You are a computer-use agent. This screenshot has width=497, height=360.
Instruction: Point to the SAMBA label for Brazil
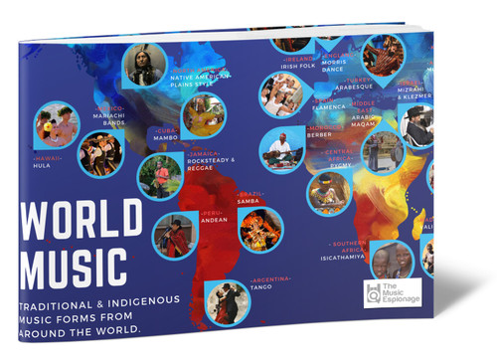248,201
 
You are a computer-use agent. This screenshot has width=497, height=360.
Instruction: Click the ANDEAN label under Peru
216,222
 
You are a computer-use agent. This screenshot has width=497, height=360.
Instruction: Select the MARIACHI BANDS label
107,119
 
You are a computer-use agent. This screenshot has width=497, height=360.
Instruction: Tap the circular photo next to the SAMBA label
260,228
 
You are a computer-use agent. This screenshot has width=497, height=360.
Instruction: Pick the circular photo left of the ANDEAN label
175,237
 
